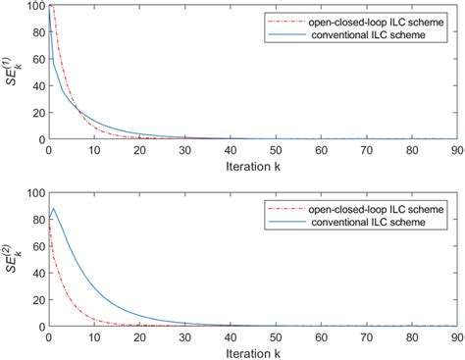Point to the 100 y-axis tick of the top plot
point(34,7)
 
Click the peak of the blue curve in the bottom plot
point(53,208)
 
